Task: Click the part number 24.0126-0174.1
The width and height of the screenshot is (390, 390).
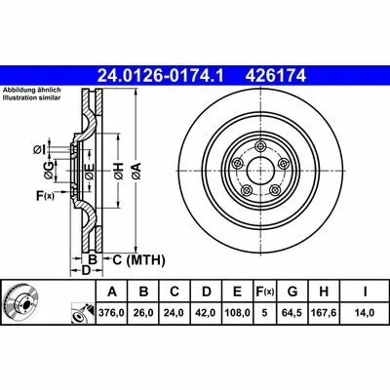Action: [161, 76]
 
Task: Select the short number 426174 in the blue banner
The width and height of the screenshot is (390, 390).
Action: [276, 76]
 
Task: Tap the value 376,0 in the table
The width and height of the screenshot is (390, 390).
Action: [112, 313]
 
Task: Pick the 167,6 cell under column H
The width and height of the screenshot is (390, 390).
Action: [324, 313]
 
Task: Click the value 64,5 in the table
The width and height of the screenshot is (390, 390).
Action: [292, 313]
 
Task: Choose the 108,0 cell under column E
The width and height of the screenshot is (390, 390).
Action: [237, 313]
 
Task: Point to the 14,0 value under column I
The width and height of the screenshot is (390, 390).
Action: [365, 313]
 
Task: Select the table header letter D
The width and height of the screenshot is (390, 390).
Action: [207, 292]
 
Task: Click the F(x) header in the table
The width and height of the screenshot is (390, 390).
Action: [264, 292]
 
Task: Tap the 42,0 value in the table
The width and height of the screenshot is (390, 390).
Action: [207, 313]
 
